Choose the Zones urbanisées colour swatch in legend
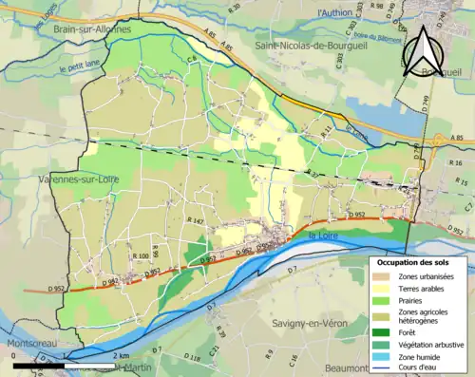(383, 275)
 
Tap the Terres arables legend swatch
(383, 288)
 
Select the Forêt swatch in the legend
(383, 330)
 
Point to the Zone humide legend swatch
(383, 354)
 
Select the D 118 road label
(196, 357)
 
